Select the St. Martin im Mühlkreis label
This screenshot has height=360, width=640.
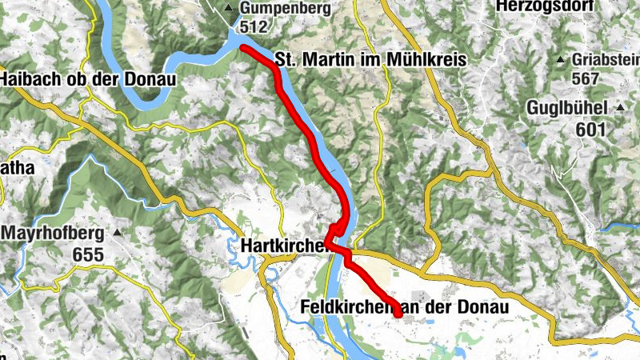370,59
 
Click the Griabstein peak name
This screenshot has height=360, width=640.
607,59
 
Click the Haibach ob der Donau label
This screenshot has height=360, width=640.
90,79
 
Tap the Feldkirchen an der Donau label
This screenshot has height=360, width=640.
406,306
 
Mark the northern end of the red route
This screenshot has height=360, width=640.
243,48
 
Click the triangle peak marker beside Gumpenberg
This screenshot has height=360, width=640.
230,9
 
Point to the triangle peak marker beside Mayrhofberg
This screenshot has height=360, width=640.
118,233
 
